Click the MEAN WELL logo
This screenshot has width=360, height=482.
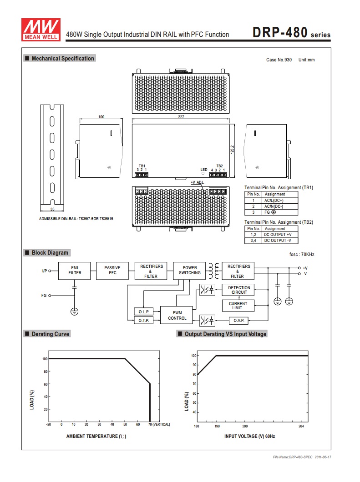pos(41,30)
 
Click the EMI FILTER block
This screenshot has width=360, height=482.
pos(75,271)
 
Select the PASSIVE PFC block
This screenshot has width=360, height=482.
pos(112,271)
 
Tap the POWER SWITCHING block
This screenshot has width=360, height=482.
pos(189,271)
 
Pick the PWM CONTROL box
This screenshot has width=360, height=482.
pos(177,315)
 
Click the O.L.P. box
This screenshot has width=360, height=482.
pos(144,311)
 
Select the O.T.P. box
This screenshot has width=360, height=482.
pos(144,320)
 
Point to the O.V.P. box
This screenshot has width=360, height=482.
pos(239,320)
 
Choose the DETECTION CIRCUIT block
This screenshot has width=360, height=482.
pos(239,290)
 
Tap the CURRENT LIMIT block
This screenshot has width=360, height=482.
pos(238,306)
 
